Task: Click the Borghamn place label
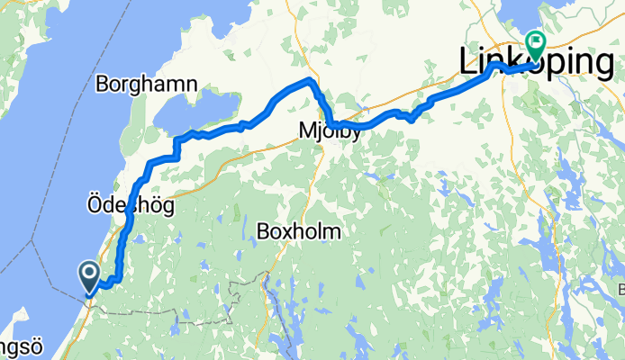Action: click(146, 85)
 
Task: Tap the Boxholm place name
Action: click(299, 231)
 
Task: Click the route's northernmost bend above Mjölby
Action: click(311, 81)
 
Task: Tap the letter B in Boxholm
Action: click(263, 231)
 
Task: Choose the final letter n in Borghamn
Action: click(193, 85)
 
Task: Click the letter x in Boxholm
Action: click(287, 232)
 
